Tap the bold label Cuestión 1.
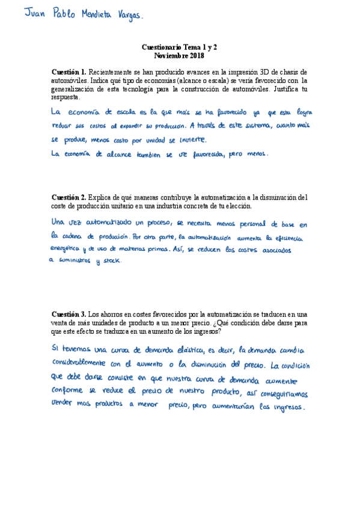coord(69,72)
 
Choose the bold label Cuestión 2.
coord(69,197)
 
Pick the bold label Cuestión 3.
coord(69,314)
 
